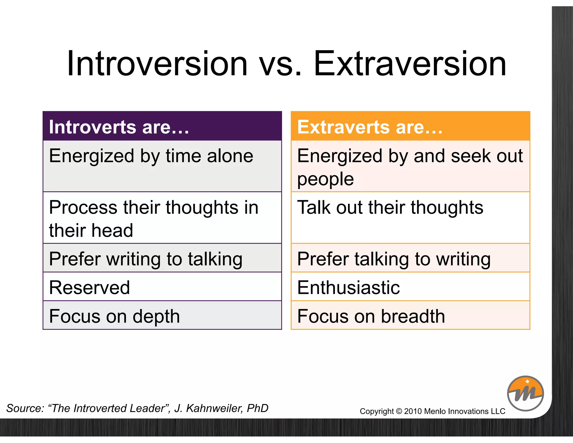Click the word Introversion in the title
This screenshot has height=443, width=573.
[157, 64]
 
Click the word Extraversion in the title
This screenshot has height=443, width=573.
[410, 64]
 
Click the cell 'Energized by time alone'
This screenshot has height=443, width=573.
[162, 166]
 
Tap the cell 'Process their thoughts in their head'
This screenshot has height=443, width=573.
[162, 218]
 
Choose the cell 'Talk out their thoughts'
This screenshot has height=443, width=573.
[410, 217]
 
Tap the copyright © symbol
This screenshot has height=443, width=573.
[399, 411]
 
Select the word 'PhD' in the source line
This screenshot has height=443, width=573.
[257, 408]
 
